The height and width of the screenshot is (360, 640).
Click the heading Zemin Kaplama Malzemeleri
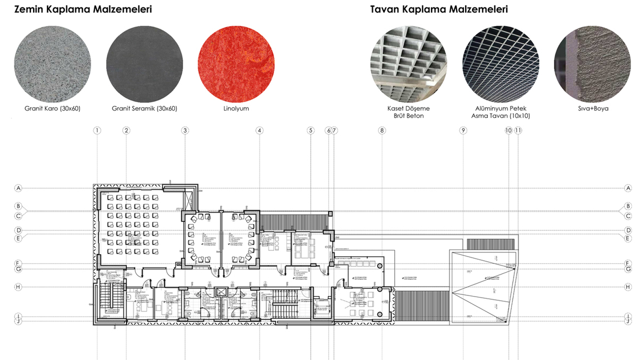83,10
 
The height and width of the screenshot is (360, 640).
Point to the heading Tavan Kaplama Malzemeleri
439,10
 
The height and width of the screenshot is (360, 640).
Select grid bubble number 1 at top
97,130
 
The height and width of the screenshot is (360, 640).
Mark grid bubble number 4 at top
259,130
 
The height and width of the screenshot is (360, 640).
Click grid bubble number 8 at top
382,130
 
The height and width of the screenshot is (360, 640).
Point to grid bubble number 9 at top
463,130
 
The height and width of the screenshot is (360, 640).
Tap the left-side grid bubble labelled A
18,188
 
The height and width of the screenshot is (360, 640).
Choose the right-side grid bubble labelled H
628,287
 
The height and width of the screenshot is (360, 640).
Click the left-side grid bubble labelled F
18,263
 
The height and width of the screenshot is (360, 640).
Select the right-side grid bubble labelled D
628,230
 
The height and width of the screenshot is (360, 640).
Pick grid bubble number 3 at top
185,130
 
